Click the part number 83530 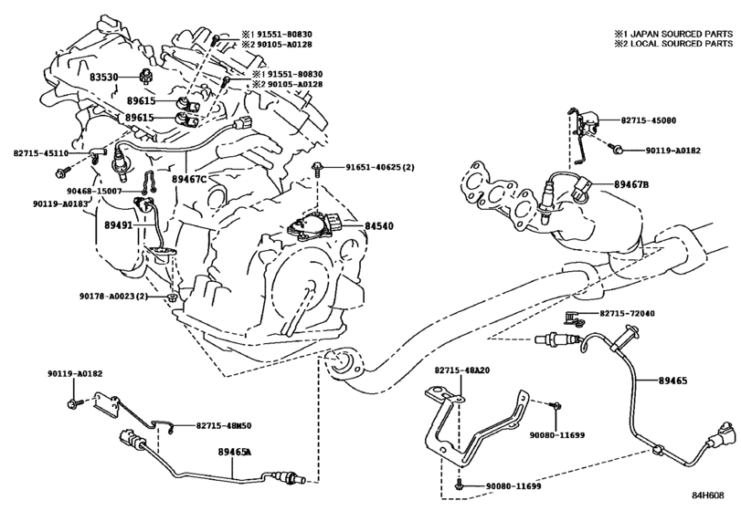(x=103, y=77)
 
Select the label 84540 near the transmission (x=379, y=226)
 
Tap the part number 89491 (x=119, y=225)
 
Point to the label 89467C (x=189, y=179)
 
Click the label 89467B (x=631, y=184)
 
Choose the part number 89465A (x=235, y=452)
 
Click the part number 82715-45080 (x=648, y=120)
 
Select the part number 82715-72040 (x=627, y=313)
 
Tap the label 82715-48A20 (x=462, y=370)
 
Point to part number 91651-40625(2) (x=380, y=167)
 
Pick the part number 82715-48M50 (x=224, y=425)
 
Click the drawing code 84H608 (x=707, y=495)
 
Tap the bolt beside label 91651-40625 (x=317, y=168)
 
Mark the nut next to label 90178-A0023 (x=173, y=297)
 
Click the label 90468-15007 (x=94, y=191)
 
